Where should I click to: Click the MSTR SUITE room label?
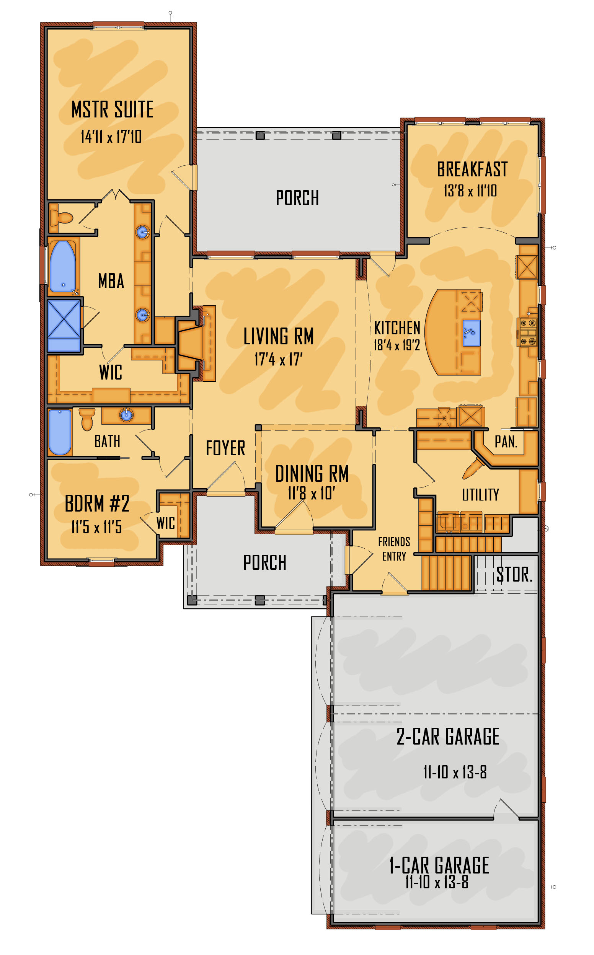pyautogui.click(x=113, y=109)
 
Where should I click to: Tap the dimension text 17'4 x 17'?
pyautogui.click(x=279, y=359)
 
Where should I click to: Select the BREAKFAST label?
pyautogui.click(x=472, y=169)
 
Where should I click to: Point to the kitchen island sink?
pyautogui.click(x=472, y=333)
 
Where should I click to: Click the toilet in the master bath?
pyautogui.click(x=62, y=218)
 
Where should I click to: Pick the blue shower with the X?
pyautogui.click(x=64, y=326)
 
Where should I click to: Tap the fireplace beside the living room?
pyautogui.click(x=191, y=344)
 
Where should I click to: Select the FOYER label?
pyautogui.click(x=225, y=448)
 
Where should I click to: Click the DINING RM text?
pyautogui.click(x=312, y=474)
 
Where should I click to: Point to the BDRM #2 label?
pyautogui.click(x=97, y=504)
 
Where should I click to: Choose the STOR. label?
pyautogui.click(x=514, y=575)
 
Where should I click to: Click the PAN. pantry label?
pyautogui.click(x=506, y=442)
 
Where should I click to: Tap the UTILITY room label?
pyautogui.click(x=480, y=495)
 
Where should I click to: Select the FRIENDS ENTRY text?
pyautogui.click(x=394, y=549)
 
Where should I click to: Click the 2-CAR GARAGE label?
pyautogui.click(x=448, y=737)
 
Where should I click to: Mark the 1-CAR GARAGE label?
pyautogui.click(x=439, y=865)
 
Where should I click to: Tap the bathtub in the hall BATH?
pyautogui.click(x=60, y=432)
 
